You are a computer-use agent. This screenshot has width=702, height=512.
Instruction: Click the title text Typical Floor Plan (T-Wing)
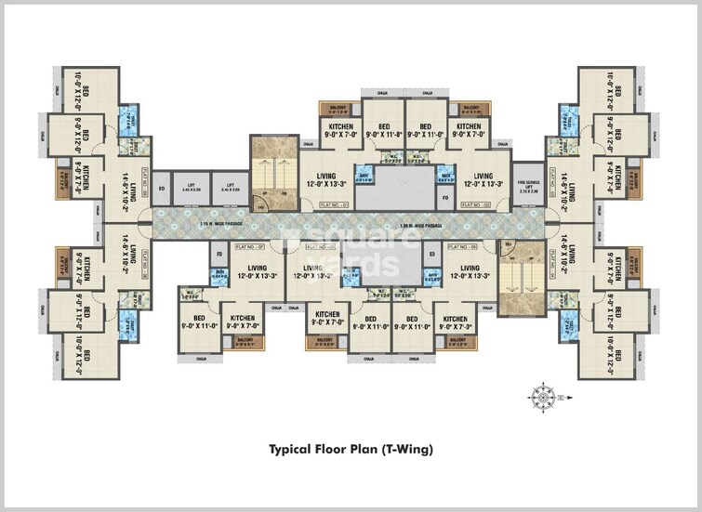pyautogui.click(x=351, y=449)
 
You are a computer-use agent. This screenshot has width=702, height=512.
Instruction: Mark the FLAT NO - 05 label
pyautogui.click(x=462, y=247)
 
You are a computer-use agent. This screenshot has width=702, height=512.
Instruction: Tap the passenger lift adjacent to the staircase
pyautogui.click(x=229, y=189)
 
